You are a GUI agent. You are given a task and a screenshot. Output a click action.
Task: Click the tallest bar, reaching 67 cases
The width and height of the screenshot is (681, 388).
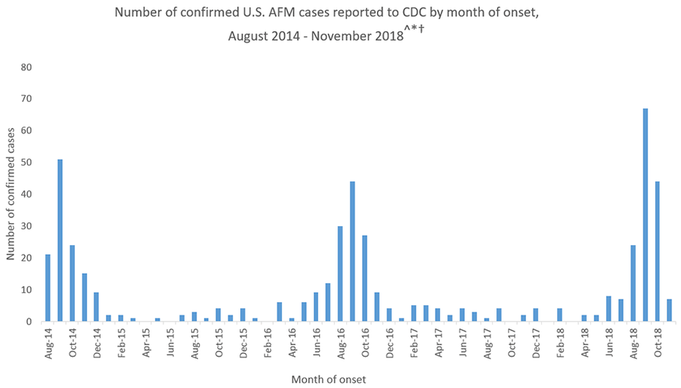(645, 215)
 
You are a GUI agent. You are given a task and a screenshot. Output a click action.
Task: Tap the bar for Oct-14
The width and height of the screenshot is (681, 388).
(72, 283)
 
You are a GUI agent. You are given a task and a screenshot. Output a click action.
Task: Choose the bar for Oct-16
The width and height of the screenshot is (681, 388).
(365, 279)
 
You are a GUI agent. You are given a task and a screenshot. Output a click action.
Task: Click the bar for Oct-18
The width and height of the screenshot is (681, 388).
(658, 252)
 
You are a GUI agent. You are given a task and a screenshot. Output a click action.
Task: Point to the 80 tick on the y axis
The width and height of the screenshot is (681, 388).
(26, 66)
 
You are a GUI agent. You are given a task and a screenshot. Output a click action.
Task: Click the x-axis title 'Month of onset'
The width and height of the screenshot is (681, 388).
(329, 379)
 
